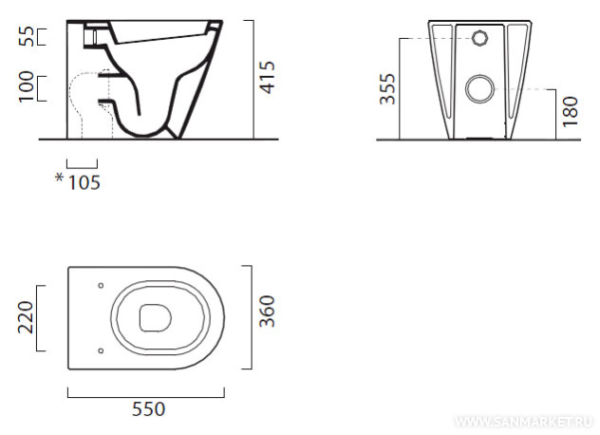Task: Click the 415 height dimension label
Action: pyautogui.click(x=268, y=77)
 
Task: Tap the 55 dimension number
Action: pyautogui.click(x=28, y=36)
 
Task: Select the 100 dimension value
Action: pyautogui.click(x=27, y=86)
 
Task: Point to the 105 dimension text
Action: pyautogui.click(x=84, y=182)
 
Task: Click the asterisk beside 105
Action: pyautogui.click(x=59, y=178)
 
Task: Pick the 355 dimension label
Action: pyautogui.click(x=387, y=89)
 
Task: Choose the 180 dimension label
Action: pyautogui.click(x=570, y=111)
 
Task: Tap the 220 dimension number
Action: pyautogui.click(x=26, y=317)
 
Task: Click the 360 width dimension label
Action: pyautogui.click(x=267, y=311)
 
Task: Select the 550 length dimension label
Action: pyautogui.click(x=148, y=409)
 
